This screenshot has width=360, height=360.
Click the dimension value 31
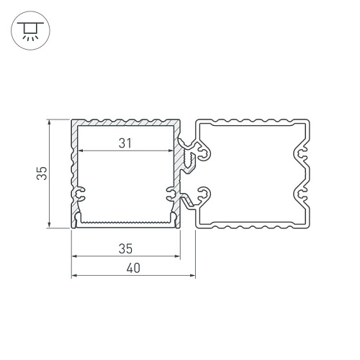125,143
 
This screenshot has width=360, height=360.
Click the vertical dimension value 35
42,173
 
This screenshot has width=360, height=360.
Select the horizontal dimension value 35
125,248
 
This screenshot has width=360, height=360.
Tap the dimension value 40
133,268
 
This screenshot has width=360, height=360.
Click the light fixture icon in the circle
30,30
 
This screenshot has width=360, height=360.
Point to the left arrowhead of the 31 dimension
81,150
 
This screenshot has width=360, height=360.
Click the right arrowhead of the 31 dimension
171,150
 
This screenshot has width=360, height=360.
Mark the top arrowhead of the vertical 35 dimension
49,122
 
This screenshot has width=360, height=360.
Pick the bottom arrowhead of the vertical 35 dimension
49,225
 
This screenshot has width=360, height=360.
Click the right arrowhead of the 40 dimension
193,276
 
